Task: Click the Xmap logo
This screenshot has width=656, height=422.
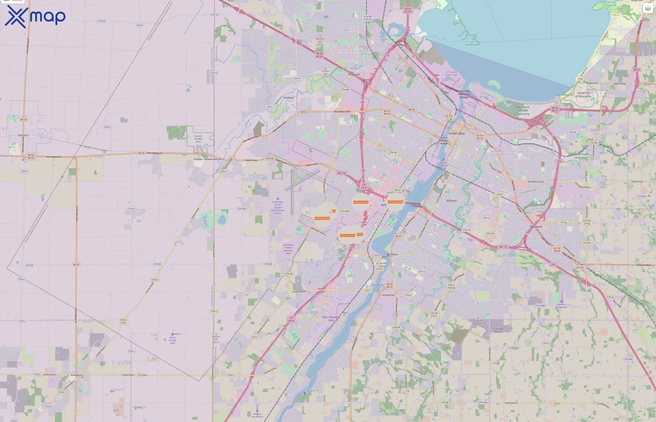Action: pos(35,16)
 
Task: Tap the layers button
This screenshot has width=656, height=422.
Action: pos(648,8)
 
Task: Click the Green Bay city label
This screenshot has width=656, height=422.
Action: pos(456,133)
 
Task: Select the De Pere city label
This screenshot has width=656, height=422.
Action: pos(392,254)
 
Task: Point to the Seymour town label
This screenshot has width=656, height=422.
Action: pos(23,135)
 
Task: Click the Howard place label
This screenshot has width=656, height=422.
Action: pos(354,74)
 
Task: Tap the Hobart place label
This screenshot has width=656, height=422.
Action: pos(289,98)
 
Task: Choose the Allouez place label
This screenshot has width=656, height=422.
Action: pos(451,201)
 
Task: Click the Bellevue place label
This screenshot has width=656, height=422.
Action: pos(536,227)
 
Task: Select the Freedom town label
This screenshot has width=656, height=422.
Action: pos(77,375)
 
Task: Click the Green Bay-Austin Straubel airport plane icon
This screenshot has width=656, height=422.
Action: pos(278,199)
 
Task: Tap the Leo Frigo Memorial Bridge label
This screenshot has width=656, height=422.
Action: pos(464,94)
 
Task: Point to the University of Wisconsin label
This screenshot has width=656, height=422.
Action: pos(583,94)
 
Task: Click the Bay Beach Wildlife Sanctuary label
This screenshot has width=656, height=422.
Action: pos(523,110)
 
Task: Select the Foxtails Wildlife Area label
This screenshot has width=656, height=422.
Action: pos(198,139)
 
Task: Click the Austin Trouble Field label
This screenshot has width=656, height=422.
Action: pos(172,340)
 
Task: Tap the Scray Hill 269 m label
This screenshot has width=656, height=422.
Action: pos(478,322)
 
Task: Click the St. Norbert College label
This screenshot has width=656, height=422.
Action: pos(382,264)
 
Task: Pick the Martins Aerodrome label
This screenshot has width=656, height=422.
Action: pos(561,306)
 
